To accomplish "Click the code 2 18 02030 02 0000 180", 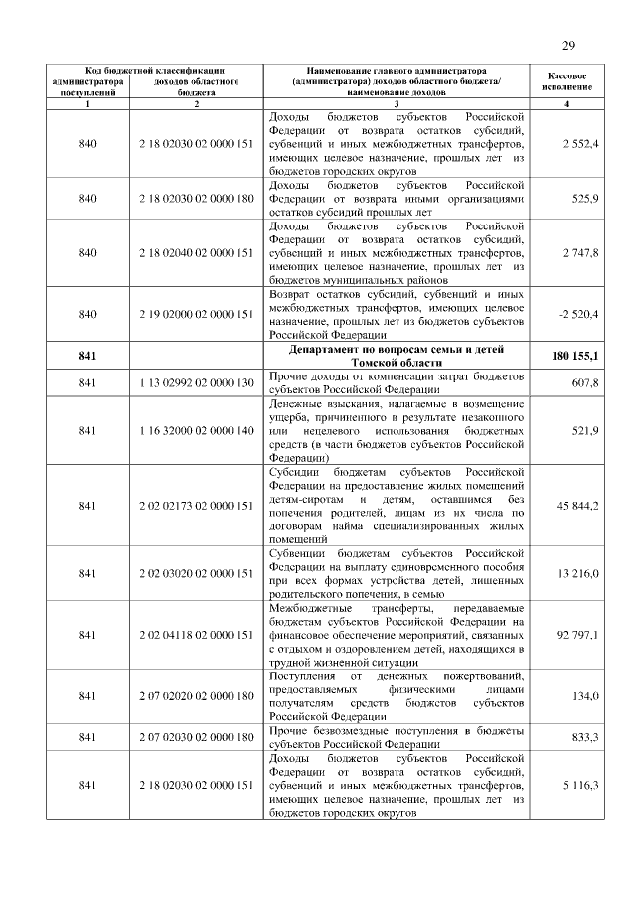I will pos(197,199).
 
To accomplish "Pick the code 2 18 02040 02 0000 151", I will pos(197,253).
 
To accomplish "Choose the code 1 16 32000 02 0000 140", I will pos(197,430).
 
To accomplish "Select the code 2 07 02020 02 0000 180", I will pos(197,696).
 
